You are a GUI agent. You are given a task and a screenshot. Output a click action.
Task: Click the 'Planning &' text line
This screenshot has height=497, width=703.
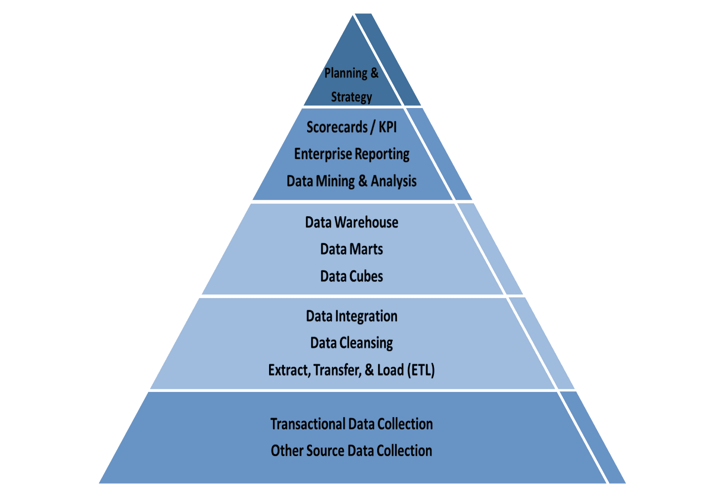pyautogui.click(x=351, y=73)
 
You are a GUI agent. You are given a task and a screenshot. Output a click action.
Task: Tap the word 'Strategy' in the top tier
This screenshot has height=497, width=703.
pyautogui.click(x=351, y=97)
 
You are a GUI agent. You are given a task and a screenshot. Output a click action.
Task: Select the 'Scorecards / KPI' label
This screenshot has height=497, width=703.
pyautogui.click(x=351, y=127)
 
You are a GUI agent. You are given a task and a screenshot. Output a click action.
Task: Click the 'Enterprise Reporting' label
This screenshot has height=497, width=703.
pyautogui.click(x=351, y=154)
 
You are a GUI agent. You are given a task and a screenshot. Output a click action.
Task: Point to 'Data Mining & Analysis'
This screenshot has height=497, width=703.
pyautogui.click(x=351, y=181)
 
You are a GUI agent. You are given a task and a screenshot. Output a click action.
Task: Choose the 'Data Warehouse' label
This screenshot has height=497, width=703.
pyautogui.click(x=351, y=222)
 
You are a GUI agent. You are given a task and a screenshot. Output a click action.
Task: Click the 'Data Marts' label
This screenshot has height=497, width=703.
pyautogui.click(x=351, y=249)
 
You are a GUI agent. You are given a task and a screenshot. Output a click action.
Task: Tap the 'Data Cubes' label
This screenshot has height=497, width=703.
pyautogui.click(x=351, y=276)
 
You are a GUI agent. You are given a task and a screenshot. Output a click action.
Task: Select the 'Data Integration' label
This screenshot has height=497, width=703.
pyautogui.click(x=351, y=316)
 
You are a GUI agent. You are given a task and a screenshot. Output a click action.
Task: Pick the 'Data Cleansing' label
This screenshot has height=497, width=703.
pyautogui.click(x=351, y=343)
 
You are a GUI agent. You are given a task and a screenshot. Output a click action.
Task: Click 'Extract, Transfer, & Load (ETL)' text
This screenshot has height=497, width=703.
pyautogui.click(x=351, y=370)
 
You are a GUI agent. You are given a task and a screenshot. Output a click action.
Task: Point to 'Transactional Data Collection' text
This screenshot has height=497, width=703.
pyautogui.click(x=351, y=424)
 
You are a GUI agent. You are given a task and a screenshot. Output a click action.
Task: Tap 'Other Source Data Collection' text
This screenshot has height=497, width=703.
pyautogui.click(x=351, y=451)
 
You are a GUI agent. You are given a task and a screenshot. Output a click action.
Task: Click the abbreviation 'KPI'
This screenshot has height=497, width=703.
pyautogui.click(x=388, y=127)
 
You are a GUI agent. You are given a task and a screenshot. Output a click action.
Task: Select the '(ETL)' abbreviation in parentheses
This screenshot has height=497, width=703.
pyautogui.click(x=421, y=370)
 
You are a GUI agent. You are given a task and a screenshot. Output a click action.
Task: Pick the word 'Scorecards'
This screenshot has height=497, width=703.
pyautogui.click(x=337, y=127)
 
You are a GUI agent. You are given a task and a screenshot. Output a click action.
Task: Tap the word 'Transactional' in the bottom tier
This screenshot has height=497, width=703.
pyautogui.click(x=308, y=424)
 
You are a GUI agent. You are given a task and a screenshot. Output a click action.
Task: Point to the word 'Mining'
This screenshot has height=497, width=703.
pyautogui.click(x=335, y=181)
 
